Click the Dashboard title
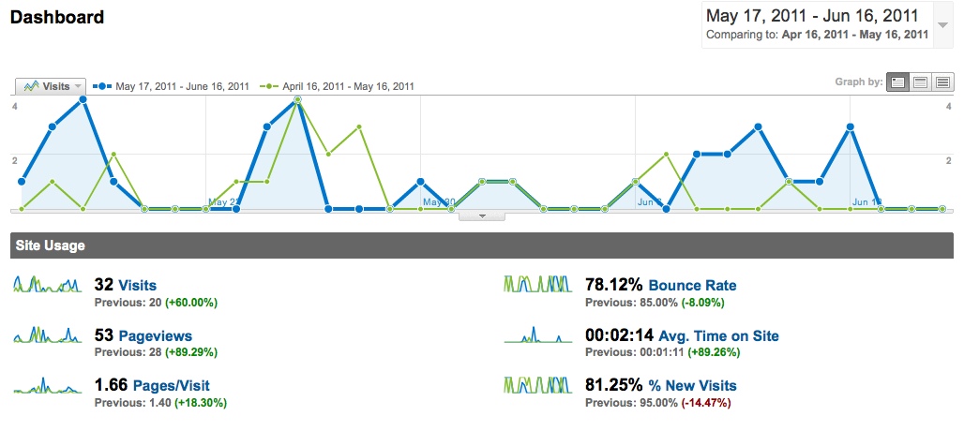click(57, 18)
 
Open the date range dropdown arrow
click(942, 25)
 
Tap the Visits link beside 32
click(137, 286)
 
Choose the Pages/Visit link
click(171, 385)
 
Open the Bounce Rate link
click(692, 286)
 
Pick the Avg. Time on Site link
click(718, 335)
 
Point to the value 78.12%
click(613, 286)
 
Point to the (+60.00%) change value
click(191, 303)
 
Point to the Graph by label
click(858, 82)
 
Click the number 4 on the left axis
click(14, 106)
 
